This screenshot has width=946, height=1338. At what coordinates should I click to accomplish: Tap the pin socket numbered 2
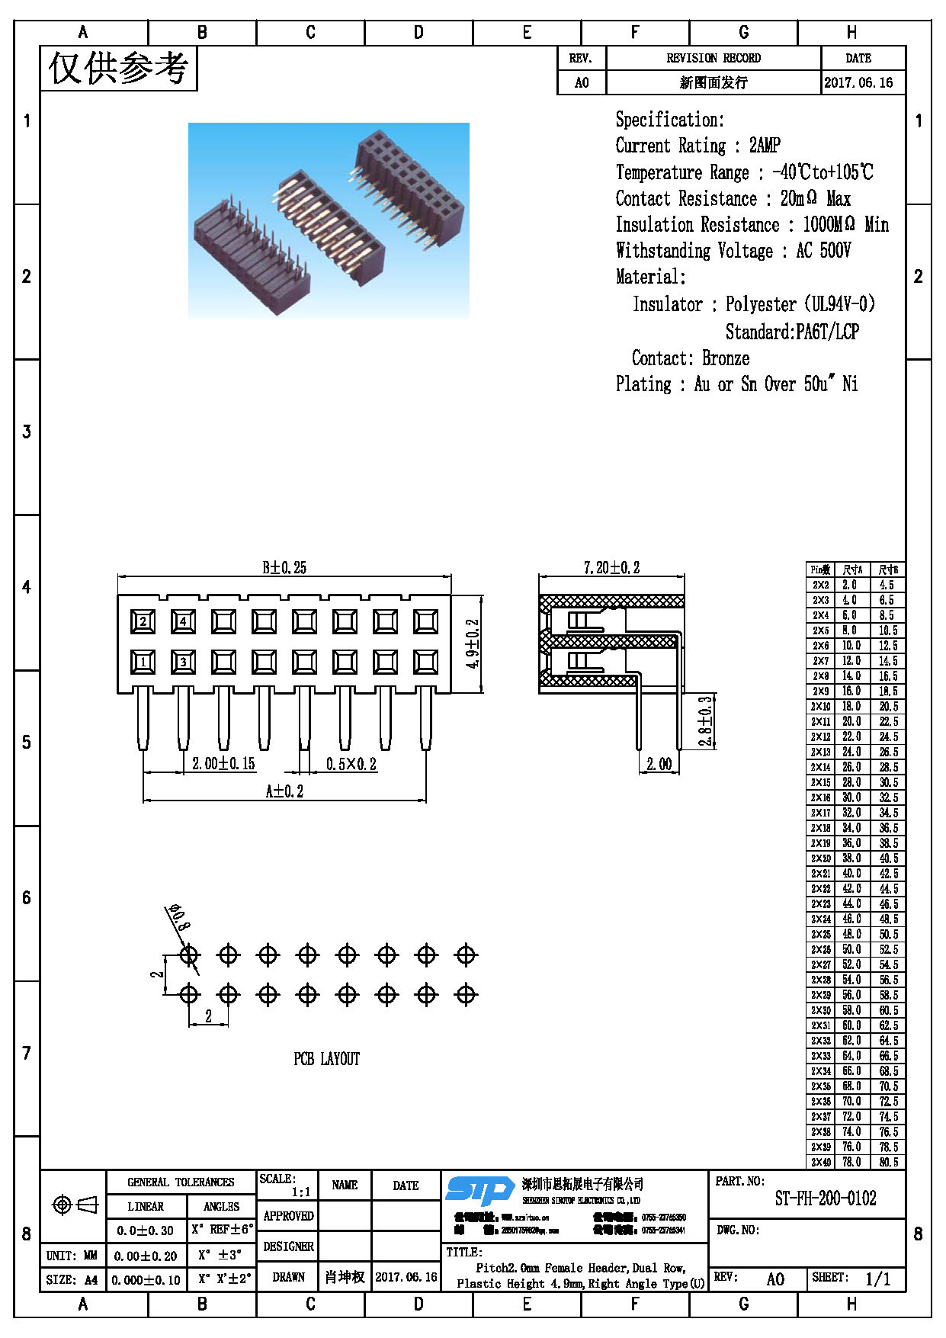pos(143,621)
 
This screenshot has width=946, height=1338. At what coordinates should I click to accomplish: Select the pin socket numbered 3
pos(183,662)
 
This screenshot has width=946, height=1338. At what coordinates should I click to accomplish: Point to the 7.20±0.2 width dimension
pos(611,567)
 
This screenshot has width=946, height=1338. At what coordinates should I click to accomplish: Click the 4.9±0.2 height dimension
pos(473,643)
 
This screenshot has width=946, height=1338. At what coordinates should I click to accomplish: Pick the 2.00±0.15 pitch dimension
pos(223,763)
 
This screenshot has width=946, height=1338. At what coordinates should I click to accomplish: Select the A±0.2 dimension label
pos(284,791)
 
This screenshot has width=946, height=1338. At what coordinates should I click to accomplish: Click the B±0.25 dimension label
pos(284,567)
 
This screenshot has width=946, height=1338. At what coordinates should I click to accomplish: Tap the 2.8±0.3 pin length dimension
pos(706,720)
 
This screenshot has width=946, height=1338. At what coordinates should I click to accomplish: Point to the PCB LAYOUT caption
pos(326,1059)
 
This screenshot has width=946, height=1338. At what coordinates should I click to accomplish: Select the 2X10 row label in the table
pos(820,707)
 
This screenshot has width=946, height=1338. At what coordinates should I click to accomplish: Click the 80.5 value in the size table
pos(888,1163)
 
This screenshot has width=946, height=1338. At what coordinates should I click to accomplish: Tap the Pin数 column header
pos(820,570)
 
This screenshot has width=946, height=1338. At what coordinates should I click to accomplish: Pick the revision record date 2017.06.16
pos(858,82)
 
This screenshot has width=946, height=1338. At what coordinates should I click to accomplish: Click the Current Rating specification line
pos(697,145)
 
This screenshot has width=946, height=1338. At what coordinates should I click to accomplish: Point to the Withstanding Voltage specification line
pos(733,250)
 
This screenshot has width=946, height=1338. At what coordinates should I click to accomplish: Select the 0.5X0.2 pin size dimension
pos(351,764)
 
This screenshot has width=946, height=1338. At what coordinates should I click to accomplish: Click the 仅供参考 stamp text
pos(118,68)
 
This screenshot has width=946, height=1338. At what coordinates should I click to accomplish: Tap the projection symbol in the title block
pos(75,1205)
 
